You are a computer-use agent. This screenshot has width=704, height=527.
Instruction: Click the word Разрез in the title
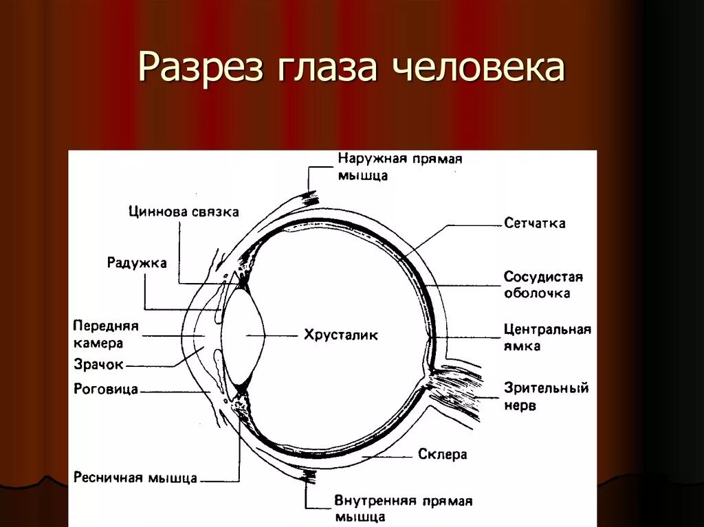pos(200,68)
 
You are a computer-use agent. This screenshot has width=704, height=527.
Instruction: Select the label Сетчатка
pos(534,223)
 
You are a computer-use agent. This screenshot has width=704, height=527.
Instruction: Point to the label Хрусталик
pos(341,335)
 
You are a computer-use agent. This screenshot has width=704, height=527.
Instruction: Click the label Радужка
pos(137,262)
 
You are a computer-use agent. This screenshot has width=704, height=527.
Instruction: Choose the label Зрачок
pos(99,365)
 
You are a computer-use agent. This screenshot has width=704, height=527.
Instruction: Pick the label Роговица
pos(106,390)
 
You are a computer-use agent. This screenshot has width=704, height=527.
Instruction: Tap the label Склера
pos(442,454)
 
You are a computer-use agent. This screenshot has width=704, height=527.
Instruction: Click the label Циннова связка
pos(184,212)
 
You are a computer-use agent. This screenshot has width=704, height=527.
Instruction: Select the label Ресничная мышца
pos(135,478)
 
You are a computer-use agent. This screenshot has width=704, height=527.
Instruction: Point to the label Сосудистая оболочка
pos(542,284)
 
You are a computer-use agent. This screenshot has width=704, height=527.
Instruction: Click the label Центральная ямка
pos(547,337)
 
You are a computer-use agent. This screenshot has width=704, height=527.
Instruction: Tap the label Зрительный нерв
pos(546,396)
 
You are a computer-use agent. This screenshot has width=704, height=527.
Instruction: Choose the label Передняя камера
pos(107,334)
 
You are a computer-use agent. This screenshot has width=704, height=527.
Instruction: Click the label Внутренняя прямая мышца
pos(403,508)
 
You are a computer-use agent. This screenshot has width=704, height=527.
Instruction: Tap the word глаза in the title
pos(323,68)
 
